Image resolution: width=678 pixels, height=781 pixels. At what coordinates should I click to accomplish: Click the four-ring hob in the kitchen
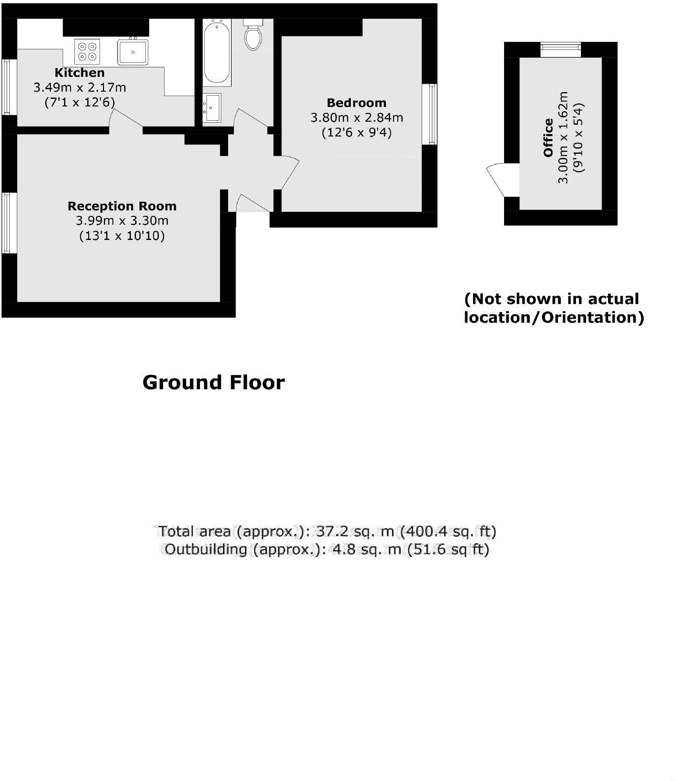click(87, 52)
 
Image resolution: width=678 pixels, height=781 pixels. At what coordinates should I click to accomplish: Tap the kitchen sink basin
click(133, 52)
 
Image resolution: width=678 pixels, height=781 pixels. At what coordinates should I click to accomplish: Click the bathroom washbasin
click(212, 107)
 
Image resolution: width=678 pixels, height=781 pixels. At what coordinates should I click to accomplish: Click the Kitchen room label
click(79, 73)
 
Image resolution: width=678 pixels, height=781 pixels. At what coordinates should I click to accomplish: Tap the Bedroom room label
click(356, 103)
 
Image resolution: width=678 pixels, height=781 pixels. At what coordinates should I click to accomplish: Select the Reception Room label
click(122, 206)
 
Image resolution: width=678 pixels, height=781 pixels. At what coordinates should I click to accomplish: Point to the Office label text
click(548, 137)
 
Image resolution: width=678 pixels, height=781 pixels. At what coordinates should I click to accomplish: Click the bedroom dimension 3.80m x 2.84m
click(356, 118)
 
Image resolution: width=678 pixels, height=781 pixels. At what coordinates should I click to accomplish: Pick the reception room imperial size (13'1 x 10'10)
click(122, 236)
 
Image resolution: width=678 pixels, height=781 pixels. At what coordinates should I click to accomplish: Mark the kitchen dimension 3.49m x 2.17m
click(79, 88)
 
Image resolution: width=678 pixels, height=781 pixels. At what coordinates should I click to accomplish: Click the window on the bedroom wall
click(430, 114)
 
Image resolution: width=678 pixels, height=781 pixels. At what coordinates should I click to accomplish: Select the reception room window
click(7, 223)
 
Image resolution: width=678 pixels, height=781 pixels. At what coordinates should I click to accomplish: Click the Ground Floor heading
click(213, 382)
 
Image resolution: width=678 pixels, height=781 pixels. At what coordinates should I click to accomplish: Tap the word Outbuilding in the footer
click(205, 549)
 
